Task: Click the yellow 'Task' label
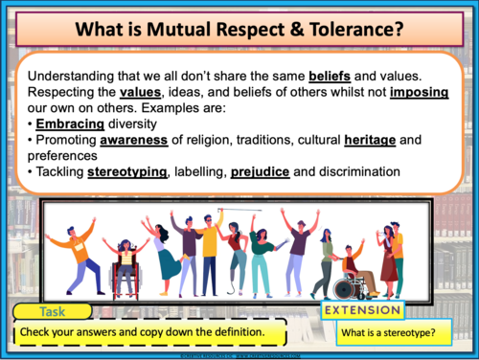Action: click(x=54, y=313)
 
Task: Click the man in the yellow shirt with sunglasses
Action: click(x=213, y=251)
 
